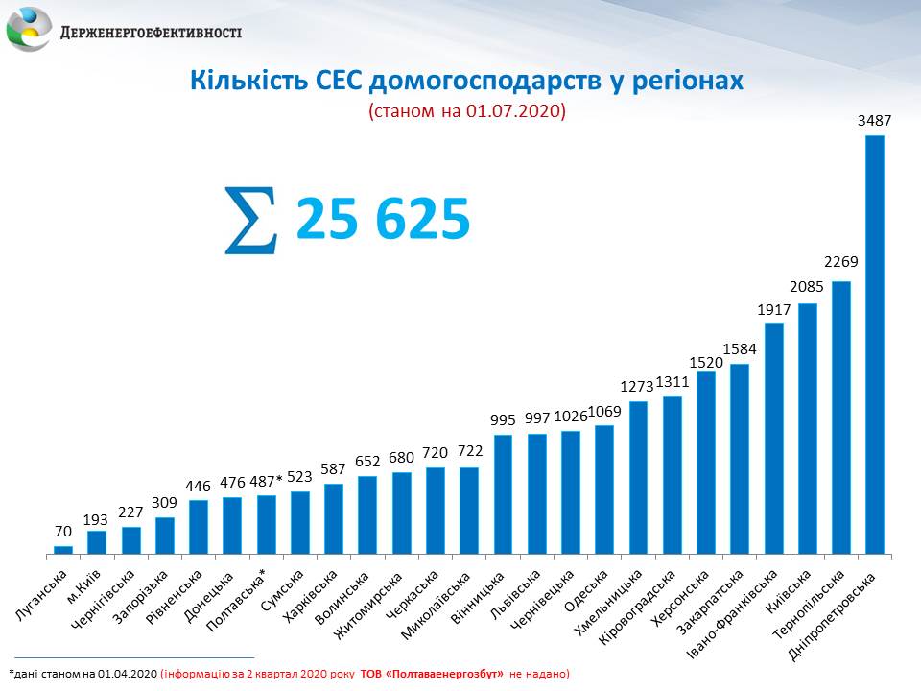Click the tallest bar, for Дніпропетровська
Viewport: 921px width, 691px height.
[874, 345]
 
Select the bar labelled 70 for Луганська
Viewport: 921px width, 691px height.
[63, 550]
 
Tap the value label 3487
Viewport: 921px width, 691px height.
[874, 121]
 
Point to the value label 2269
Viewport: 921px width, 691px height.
[840, 262]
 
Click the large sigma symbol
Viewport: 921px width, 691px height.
[251, 221]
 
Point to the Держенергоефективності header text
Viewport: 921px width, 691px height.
[151, 32]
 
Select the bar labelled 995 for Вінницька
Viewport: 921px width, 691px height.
[503, 494]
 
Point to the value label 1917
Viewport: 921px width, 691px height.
[773, 309]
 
